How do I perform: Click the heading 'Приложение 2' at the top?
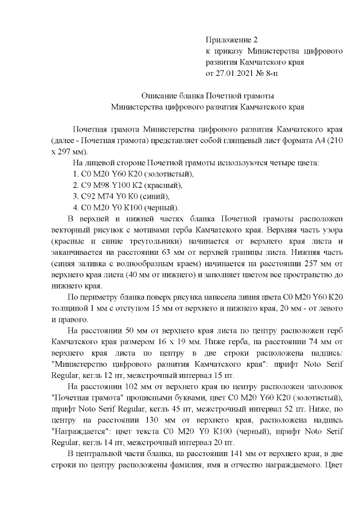(232, 40)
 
